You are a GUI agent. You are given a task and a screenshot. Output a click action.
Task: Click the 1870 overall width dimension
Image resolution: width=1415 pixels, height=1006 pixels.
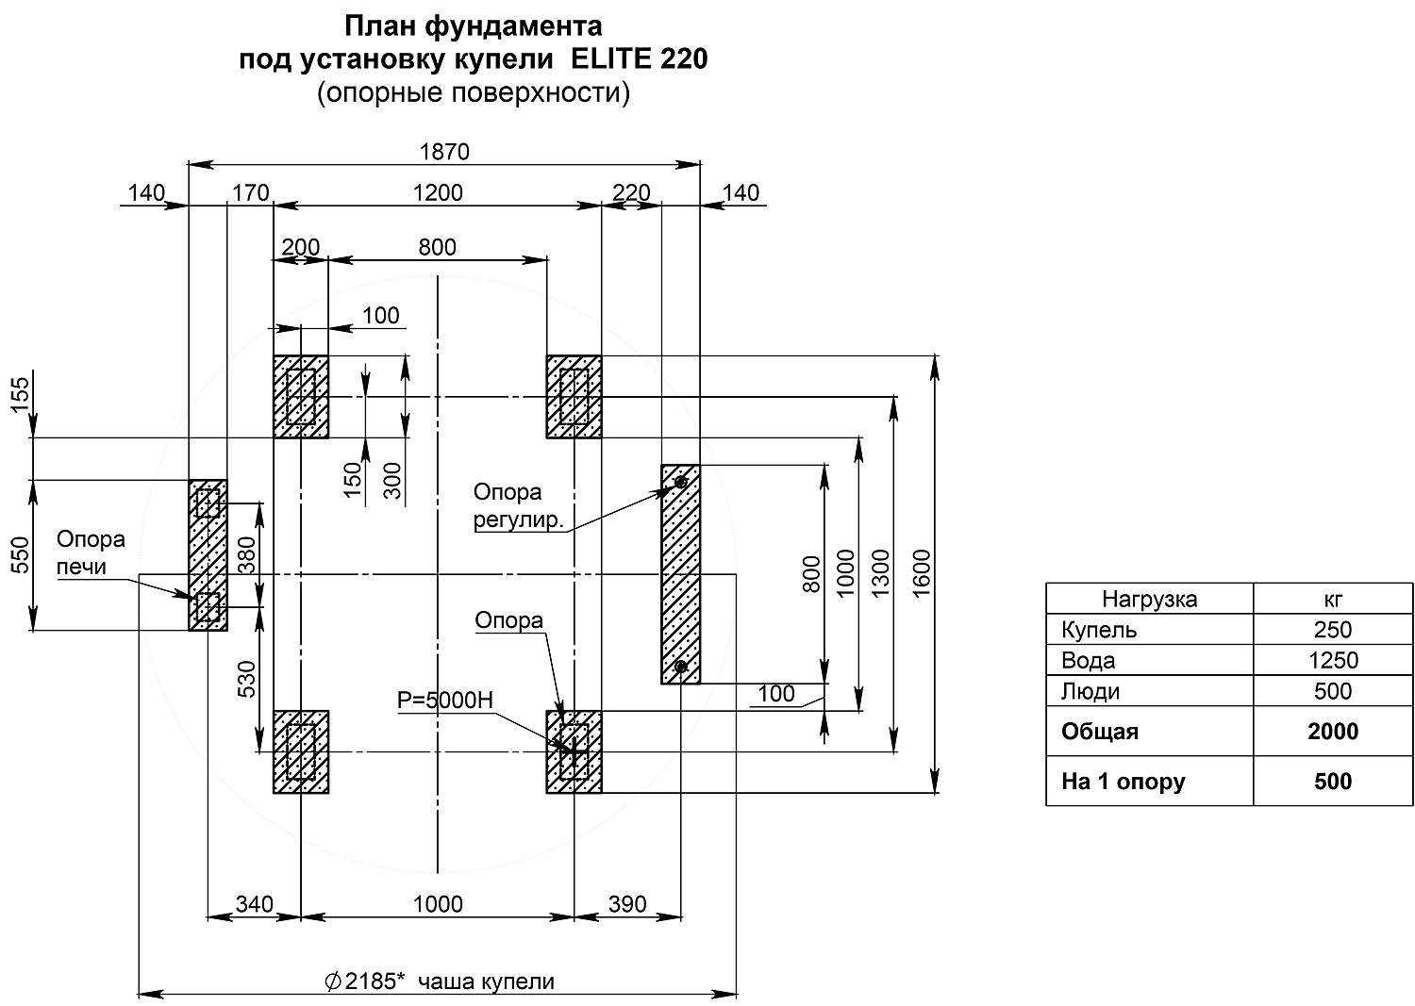click(x=443, y=151)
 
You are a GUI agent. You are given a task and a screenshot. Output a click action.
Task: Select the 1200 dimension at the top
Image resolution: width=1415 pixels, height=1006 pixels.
click(x=439, y=192)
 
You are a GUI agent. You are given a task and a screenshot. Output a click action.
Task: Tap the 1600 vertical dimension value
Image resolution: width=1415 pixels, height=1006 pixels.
click(x=922, y=572)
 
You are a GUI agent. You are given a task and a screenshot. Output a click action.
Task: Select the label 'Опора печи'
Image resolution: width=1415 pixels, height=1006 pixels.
click(x=91, y=552)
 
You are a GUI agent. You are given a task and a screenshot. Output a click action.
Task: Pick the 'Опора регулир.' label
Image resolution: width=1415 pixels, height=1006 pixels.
click(x=519, y=505)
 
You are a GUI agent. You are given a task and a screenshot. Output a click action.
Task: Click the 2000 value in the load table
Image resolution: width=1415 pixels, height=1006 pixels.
click(x=1333, y=732)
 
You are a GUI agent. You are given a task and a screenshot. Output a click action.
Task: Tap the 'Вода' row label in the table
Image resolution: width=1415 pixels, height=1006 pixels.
click(x=1088, y=660)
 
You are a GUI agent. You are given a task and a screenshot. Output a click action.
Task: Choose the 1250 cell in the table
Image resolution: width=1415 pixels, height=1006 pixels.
click(x=1333, y=660)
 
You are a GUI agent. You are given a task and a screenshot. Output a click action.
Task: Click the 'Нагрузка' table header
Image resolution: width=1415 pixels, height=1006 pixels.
click(x=1149, y=599)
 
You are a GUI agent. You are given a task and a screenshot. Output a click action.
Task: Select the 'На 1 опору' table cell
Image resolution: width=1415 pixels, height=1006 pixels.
click(x=1123, y=782)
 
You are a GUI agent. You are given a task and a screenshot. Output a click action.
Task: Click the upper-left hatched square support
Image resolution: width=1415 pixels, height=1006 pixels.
click(x=301, y=397)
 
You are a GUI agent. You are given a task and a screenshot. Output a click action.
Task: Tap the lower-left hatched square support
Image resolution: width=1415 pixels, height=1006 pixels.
click(x=301, y=751)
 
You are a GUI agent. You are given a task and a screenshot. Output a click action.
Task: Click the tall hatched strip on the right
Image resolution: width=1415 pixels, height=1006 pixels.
click(x=680, y=573)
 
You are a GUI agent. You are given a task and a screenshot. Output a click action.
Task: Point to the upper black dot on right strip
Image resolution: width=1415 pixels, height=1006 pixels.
click(x=680, y=483)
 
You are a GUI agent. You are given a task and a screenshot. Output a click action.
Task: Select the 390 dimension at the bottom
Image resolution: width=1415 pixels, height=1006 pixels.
click(x=627, y=904)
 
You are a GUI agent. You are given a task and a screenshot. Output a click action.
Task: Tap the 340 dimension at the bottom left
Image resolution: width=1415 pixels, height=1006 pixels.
click(x=254, y=904)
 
